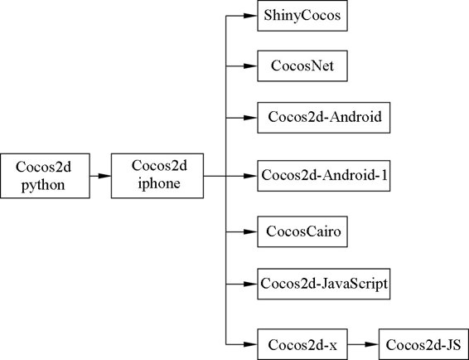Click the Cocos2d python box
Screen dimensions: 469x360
coord(45,176)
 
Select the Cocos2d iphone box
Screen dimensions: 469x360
coord(157,176)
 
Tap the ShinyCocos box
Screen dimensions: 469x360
coord(302,16)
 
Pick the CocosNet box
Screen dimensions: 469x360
coord(302,66)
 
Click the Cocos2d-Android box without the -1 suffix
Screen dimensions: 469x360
coord(324,118)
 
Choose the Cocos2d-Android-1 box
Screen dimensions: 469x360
coord(324,176)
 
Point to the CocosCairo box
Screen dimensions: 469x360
coord(302,231)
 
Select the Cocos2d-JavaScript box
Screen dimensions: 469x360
coord(324,284)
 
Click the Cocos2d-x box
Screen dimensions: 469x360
coord(302,344)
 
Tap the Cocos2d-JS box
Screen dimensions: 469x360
coord(423,344)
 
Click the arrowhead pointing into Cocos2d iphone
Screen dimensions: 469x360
coord(104,176)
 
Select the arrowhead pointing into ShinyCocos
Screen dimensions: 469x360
coord(250,16)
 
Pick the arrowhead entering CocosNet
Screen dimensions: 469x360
coord(250,66)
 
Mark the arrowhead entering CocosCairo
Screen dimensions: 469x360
coord(250,231)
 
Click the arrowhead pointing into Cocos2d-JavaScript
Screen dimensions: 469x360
coord(250,284)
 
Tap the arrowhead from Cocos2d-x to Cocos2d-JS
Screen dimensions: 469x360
coord(372,344)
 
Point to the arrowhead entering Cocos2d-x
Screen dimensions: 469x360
coord(250,344)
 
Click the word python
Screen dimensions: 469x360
coord(43,185)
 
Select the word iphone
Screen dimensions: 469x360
coord(159,183)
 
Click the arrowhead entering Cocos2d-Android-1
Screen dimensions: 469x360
coord(250,176)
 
